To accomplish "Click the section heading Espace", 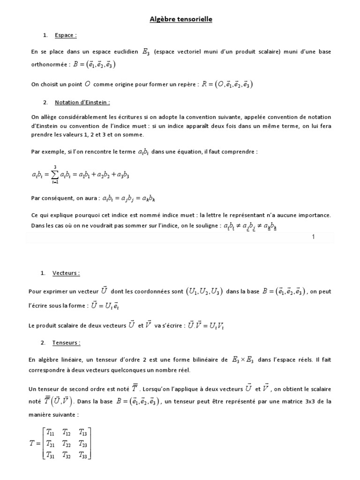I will point(66,35).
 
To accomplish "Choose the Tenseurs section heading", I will point(67,343).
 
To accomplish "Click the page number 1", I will point(313,237).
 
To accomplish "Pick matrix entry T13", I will point(83,433).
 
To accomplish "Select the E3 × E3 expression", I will point(243,360).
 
